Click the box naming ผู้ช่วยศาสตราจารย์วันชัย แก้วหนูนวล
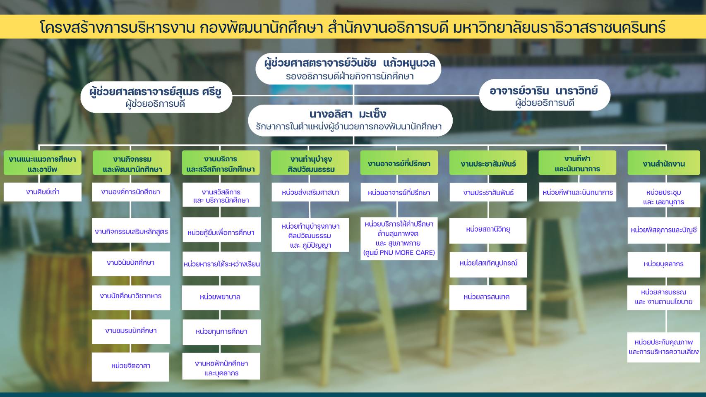point(348,69)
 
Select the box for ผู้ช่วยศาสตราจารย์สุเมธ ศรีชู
point(156,97)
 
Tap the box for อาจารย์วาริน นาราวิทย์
point(545,95)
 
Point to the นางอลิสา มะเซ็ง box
point(350,120)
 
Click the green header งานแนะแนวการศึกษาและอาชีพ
point(43,163)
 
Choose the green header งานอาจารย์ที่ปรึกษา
point(399,163)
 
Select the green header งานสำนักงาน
point(664,163)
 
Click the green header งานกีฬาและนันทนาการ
point(577,163)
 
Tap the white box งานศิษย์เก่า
point(43,192)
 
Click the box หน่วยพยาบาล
point(221,297)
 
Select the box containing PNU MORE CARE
point(399,239)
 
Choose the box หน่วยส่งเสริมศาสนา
point(310,192)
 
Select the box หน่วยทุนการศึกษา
point(221,332)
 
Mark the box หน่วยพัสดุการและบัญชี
point(664,230)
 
